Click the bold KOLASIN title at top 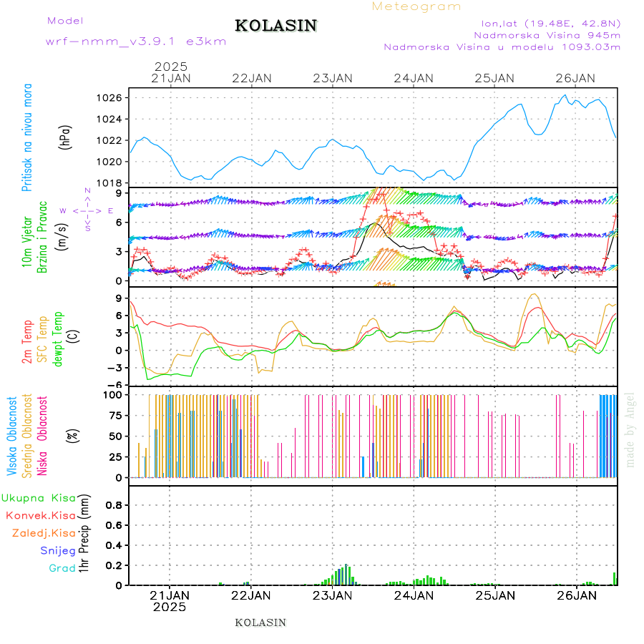tap(275, 26)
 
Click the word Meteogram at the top tap(416, 6)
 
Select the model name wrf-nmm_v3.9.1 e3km tap(136, 42)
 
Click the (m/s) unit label tap(63, 237)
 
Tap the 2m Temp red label tap(27, 342)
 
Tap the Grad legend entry tap(62, 568)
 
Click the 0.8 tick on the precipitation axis tap(114, 505)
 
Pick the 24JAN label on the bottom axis tap(414, 595)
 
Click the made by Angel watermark tap(630, 429)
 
